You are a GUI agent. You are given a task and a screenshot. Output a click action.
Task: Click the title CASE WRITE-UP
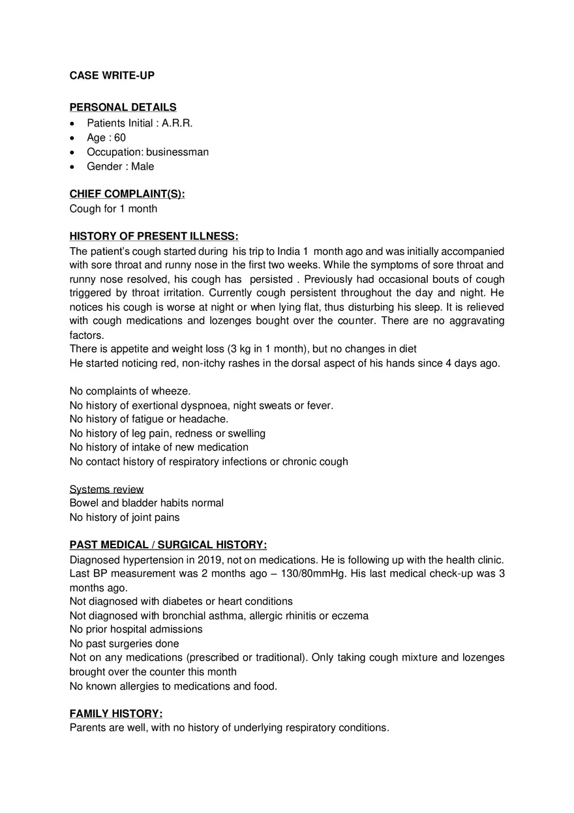(x=112, y=76)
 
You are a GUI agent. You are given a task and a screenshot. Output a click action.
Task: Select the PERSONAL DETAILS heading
(x=123, y=107)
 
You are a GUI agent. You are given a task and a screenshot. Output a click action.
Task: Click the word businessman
(x=177, y=152)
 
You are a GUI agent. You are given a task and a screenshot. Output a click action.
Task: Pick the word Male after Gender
(x=142, y=166)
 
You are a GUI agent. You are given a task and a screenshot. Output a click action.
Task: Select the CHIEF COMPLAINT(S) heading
(x=127, y=194)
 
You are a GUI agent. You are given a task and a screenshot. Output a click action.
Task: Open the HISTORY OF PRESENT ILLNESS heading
(x=154, y=236)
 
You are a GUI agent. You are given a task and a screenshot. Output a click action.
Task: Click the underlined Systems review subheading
(x=106, y=489)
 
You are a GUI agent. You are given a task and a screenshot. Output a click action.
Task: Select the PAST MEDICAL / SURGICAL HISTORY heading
(x=168, y=544)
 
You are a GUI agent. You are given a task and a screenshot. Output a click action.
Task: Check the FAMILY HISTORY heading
(x=116, y=713)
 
